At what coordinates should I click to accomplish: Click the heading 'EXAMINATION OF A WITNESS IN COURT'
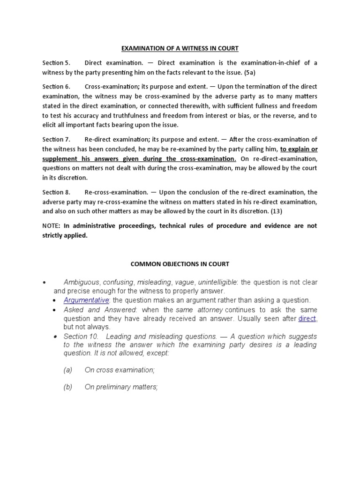click(180, 48)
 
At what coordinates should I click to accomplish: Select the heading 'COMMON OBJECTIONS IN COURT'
click(180, 264)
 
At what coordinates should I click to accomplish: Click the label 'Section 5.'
click(56, 63)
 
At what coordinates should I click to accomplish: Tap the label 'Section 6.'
click(56, 87)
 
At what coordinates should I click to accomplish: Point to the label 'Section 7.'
click(56, 140)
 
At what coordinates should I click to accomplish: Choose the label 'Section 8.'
click(56, 192)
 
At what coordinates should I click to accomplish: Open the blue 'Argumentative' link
click(86, 300)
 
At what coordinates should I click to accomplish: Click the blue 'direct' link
click(307, 319)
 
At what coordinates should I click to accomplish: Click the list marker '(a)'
click(68, 370)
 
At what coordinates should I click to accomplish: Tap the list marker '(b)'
click(68, 387)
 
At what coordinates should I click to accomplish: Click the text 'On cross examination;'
click(120, 370)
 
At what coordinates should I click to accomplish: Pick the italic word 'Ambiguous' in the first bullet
click(81, 282)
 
